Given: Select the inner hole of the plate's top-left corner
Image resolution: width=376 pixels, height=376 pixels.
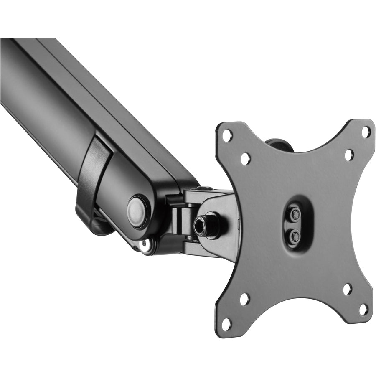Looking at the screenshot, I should (245, 158).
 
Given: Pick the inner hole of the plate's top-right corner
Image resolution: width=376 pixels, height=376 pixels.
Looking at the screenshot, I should (348, 155).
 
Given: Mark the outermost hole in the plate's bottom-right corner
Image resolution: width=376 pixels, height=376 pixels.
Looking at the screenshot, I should (364, 310).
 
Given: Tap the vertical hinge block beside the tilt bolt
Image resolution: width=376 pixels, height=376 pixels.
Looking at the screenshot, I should (180, 221).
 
